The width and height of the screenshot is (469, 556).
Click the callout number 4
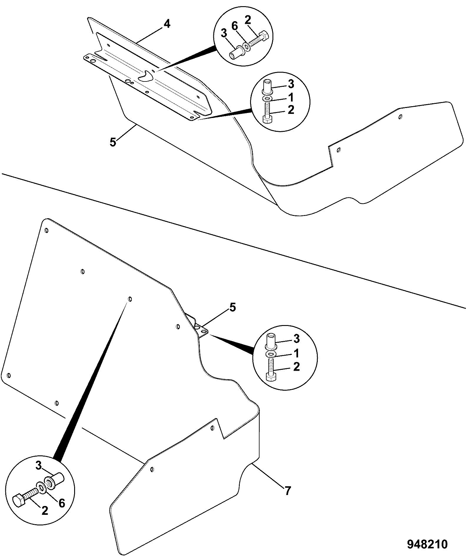pyautogui.click(x=167, y=24)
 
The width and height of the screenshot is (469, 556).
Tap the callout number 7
pyautogui.click(x=287, y=490)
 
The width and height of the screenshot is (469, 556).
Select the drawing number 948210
pyautogui.click(x=427, y=544)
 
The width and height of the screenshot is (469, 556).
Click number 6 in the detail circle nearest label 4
pyautogui.click(x=234, y=26)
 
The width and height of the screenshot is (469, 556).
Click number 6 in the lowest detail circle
pyautogui.click(x=61, y=503)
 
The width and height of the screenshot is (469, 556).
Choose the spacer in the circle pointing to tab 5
pyautogui.click(x=271, y=341)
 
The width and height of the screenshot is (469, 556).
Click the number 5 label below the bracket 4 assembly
pyautogui.click(x=113, y=142)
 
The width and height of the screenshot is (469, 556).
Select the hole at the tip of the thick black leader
pyautogui.click(x=130, y=299)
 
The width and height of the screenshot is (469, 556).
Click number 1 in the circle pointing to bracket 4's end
pyautogui.click(x=291, y=97)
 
